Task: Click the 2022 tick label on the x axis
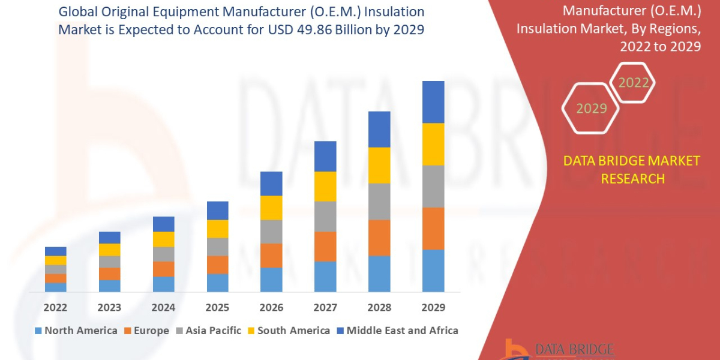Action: [x=55, y=308]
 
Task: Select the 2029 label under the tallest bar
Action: [x=433, y=308]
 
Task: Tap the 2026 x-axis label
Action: [x=271, y=308]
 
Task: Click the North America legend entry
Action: [x=76, y=331]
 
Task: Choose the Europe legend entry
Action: [x=148, y=331]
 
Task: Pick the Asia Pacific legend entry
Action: [x=208, y=331]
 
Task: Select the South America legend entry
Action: [x=289, y=331]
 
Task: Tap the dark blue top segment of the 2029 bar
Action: [x=433, y=102]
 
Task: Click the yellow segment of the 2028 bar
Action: [x=379, y=165]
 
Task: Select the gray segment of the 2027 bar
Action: [x=325, y=216]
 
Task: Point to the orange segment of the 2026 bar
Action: [x=271, y=255]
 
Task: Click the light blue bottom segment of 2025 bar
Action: [x=218, y=283]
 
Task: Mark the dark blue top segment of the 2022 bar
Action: [x=56, y=251]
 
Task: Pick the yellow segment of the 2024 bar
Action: [x=164, y=239]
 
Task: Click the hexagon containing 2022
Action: [x=634, y=83]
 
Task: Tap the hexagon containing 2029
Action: [x=592, y=109]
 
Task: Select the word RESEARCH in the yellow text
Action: [x=632, y=179]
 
